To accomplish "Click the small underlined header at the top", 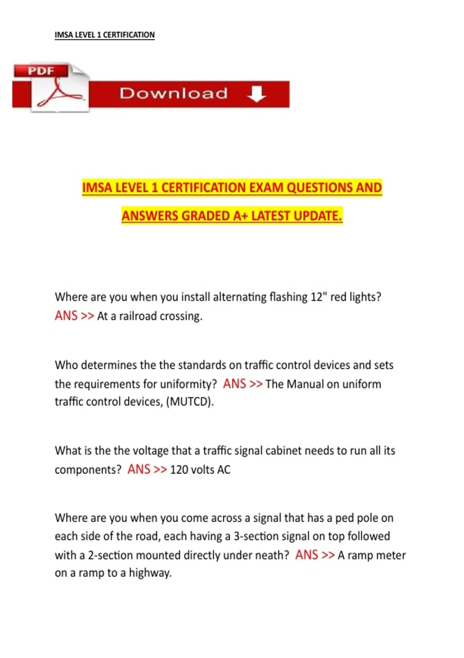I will tap(104, 35).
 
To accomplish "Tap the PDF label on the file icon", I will tap(41, 71).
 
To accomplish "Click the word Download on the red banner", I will tap(173, 93).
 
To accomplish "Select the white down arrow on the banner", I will tap(256, 94).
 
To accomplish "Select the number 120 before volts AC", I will tap(179, 470).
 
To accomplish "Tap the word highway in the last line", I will tap(150, 573).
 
